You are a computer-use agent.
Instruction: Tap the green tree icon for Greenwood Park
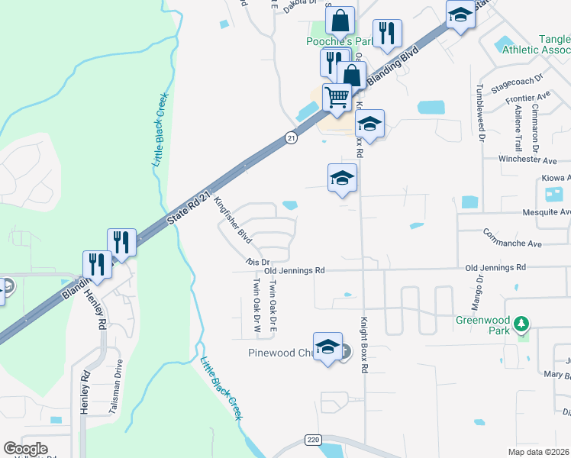click(522, 324)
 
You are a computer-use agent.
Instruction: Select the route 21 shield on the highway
click(291, 137)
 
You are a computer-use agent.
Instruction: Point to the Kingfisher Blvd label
click(234, 221)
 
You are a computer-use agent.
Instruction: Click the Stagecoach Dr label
click(517, 84)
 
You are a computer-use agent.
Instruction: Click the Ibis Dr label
click(253, 262)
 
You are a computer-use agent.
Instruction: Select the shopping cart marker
click(337, 98)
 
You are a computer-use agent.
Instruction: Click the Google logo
click(25, 449)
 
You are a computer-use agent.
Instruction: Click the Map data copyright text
click(538, 452)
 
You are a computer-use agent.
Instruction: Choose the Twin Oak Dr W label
click(256, 305)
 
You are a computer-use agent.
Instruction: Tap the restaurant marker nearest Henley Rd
click(97, 264)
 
